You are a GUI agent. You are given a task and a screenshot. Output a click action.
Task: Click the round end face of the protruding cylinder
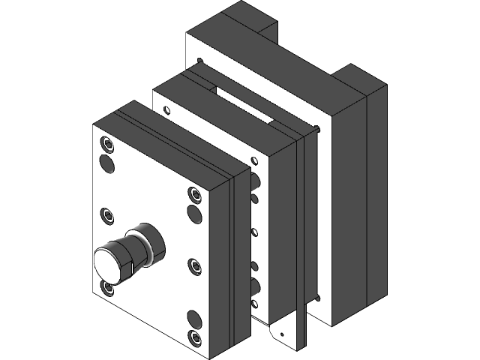point(111,264)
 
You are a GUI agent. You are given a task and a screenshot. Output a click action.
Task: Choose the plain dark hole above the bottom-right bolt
point(193,317)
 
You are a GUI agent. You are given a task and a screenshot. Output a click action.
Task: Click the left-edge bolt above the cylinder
point(106,214)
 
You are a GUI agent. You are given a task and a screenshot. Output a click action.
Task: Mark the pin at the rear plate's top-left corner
point(199,61)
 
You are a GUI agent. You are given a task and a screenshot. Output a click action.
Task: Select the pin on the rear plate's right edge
point(322,129)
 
